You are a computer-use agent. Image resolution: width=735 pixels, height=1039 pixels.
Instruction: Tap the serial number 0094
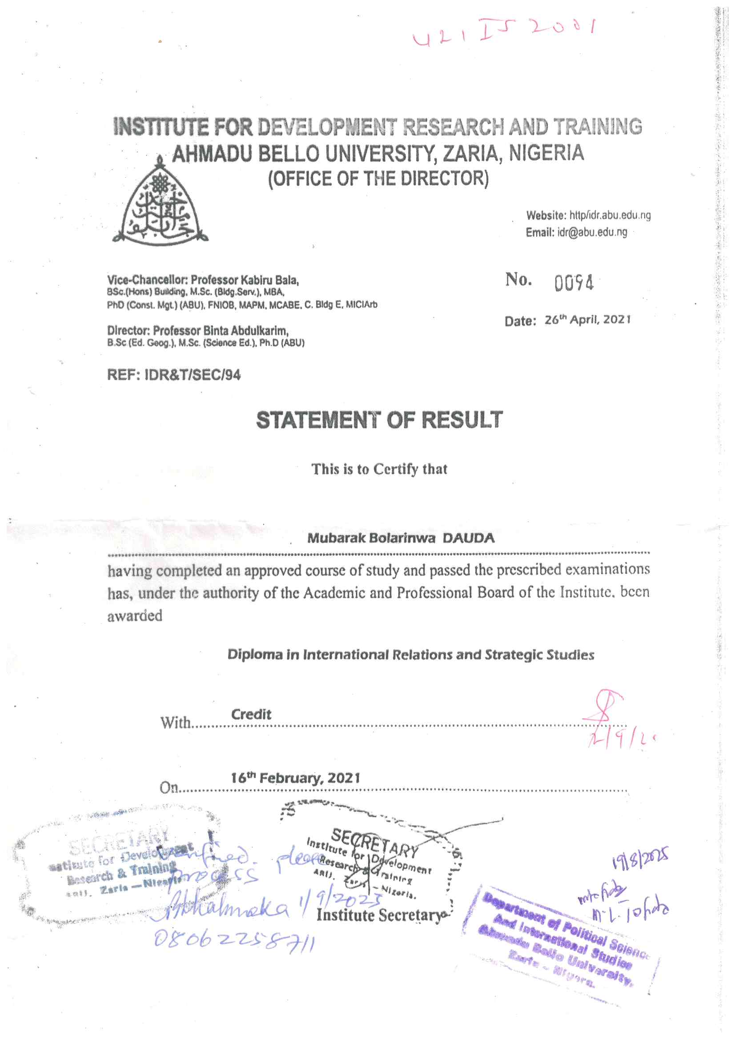point(573,283)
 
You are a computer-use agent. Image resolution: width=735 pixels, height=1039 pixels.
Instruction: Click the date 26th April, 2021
point(587,320)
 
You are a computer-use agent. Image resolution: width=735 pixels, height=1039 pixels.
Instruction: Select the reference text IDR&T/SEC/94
point(192,375)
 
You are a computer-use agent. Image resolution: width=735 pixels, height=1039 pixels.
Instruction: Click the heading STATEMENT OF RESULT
point(379,420)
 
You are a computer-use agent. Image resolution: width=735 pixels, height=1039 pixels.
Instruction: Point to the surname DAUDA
point(468,538)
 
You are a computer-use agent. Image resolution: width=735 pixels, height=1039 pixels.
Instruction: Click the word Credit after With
point(251,715)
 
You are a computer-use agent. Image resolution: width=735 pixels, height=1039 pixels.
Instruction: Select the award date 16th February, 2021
point(295,778)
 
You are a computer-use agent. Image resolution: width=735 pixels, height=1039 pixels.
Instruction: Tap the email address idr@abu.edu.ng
point(592,232)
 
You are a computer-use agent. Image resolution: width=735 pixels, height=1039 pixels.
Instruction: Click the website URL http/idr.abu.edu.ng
point(610,216)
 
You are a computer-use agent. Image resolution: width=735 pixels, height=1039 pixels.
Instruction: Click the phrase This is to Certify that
point(379,469)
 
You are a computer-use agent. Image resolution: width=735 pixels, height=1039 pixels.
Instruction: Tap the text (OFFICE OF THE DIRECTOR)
point(378,179)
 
